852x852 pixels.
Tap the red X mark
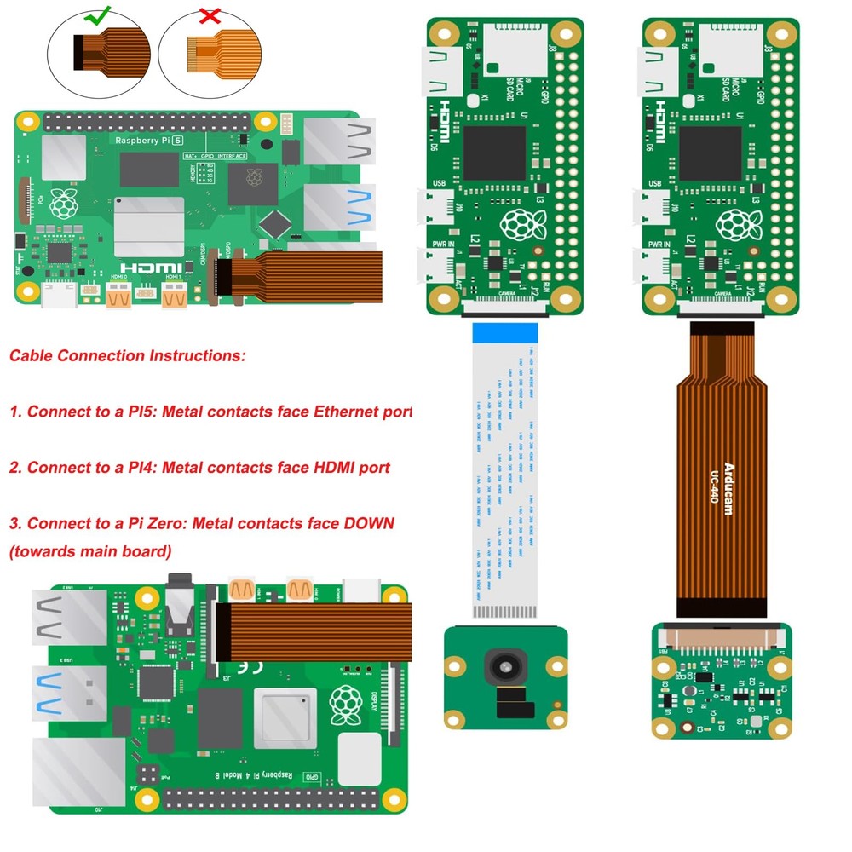[x=209, y=14]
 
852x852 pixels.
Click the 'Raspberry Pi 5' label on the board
[x=149, y=139]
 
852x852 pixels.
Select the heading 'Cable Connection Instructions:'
[x=128, y=356]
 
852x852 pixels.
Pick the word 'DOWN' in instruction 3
[x=369, y=522]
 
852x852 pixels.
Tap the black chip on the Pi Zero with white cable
[x=494, y=153]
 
